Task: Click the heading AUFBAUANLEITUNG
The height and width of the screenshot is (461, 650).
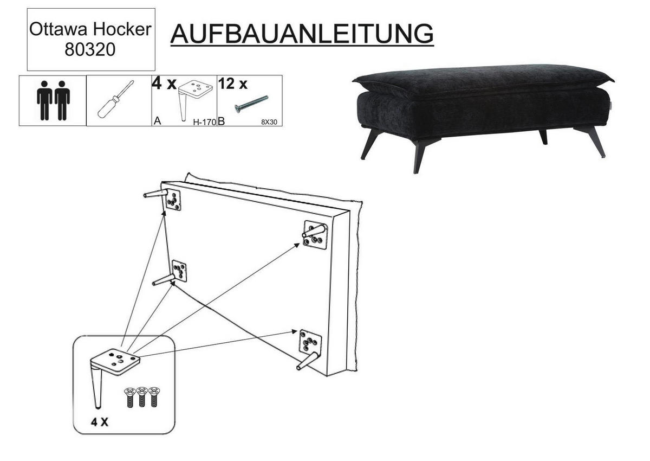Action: pyautogui.click(x=302, y=34)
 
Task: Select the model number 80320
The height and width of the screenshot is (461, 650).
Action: pyautogui.click(x=90, y=49)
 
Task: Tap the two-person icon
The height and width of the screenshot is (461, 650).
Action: pyautogui.click(x=53, y=100)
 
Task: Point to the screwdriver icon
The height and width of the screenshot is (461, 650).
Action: pyautogui.click(x=116, y=99)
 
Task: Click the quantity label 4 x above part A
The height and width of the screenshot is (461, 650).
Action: pyautogui.click(x=164, y=84)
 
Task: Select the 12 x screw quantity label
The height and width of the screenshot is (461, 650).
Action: pyautogui.click(x=233, y=84)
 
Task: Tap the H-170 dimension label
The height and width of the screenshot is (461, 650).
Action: pyautogui.click(x=205, y=122)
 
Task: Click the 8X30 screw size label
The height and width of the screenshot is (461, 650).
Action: pyautogui.click(x=269, y=122)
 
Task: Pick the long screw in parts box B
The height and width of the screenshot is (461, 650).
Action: pyautogui.click(x=251, y=104)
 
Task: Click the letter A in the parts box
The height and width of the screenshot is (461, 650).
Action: pyautogui.click(x=157, y=121)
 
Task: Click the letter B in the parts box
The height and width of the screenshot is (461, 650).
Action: pyautogui.click(x=222, y=121)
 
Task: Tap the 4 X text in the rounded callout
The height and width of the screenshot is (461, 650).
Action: pyautogui.click(x=100, y=422)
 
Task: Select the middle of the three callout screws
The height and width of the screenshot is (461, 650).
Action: pyautogui.click(x=141, y=396)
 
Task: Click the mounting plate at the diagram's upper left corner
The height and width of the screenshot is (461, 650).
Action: pyautogui.click(x=173, y=200)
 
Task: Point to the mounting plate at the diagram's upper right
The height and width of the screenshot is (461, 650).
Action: pyautogui.click(x=315, y=234)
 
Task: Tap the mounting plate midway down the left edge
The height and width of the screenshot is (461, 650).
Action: pyautogui.click(x=179, y=271)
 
